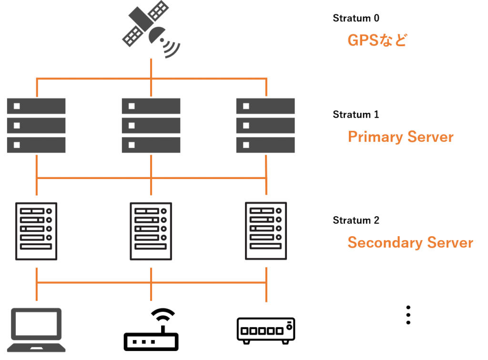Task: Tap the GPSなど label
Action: click(377, 40)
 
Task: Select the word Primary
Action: click(375, 138)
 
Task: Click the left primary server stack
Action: click(36, 125)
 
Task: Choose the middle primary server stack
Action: click(151, 125)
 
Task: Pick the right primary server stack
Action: click(265, 125)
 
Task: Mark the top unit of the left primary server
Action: click(36, 106)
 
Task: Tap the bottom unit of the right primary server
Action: click(265, 145)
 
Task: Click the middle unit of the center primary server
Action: click(151, 125)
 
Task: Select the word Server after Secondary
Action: click(450, 242)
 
